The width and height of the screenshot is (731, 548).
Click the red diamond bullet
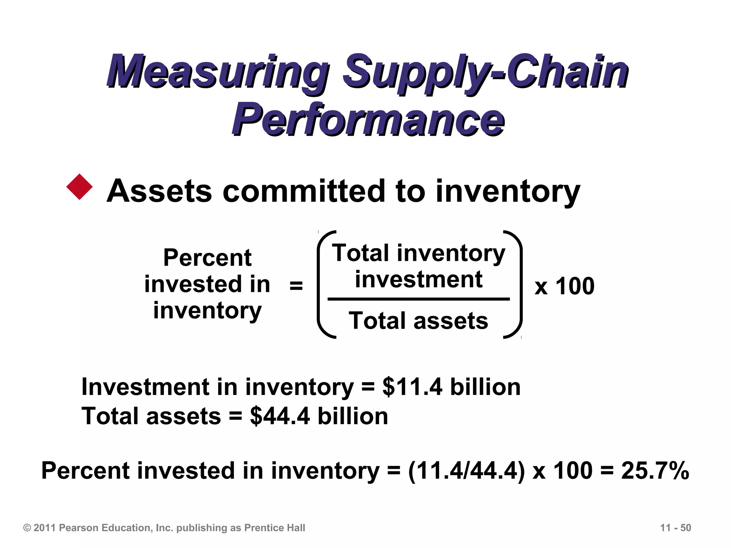coord(79,187)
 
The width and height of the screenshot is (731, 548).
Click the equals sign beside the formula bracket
coord(296,285)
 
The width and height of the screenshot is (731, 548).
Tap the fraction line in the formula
coord(418,299)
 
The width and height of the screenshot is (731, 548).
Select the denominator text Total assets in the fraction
coord(418,320)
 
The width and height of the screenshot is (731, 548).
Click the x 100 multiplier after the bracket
coord(564,286)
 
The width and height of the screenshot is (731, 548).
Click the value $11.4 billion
coord(451,387)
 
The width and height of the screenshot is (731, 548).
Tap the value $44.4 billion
coord(319,416)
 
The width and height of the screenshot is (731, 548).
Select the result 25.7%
coord(655,471)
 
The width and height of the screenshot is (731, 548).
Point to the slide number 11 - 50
coord(676,528)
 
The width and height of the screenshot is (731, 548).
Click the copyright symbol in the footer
coord(27,528)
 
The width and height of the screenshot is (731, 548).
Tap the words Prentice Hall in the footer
coord(274,528)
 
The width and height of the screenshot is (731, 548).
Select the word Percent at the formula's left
coord(207,258)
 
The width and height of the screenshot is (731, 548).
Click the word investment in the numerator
coord(418,279)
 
